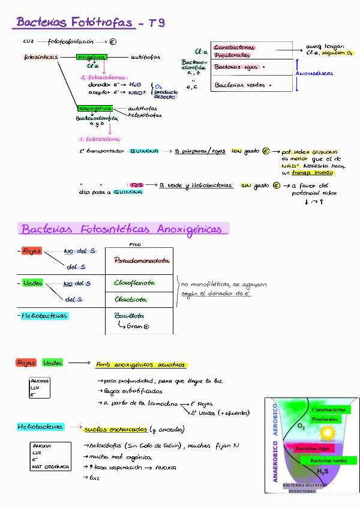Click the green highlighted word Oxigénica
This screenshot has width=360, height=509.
(91, 57)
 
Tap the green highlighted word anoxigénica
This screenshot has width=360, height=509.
(94, 108)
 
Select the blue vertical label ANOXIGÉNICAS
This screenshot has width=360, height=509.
(314, 73)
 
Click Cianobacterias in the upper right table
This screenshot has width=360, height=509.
(234, 47)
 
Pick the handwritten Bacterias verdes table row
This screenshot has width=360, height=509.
(239, 85)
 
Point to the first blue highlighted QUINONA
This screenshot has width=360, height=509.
(144, 151)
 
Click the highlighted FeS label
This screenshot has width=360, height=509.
(137, 185)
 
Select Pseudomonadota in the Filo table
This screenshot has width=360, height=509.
(141, 261)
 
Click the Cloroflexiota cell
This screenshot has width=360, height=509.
(134, 282)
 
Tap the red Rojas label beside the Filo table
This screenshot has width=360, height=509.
(31, 251)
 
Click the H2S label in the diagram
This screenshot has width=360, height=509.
(322, 472)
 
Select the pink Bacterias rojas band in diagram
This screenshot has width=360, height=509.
(312, 448)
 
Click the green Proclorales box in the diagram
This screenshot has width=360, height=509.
(325, 419)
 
